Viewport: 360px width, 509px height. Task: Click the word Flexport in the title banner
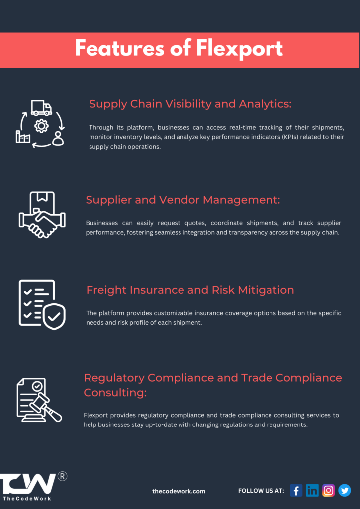[240, 49]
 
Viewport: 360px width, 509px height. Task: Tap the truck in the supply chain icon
[41, 108]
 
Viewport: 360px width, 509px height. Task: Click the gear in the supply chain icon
[41, 126]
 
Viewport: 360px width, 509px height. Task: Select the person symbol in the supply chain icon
[58, 138]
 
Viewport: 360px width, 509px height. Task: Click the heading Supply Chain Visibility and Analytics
[190, 104]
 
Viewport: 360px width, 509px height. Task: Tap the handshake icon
[42, 215]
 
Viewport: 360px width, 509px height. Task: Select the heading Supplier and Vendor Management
[183, 200]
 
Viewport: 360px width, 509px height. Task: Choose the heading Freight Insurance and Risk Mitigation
[190, 290]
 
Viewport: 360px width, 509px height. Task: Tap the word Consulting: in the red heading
[115, 393]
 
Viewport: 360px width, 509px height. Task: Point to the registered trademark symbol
[62, 476]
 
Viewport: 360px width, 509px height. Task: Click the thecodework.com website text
[179, 491]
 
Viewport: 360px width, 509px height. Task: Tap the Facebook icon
[296, 490]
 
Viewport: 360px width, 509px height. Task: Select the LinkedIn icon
[312, 490]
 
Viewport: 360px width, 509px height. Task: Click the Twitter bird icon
[345, 490]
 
